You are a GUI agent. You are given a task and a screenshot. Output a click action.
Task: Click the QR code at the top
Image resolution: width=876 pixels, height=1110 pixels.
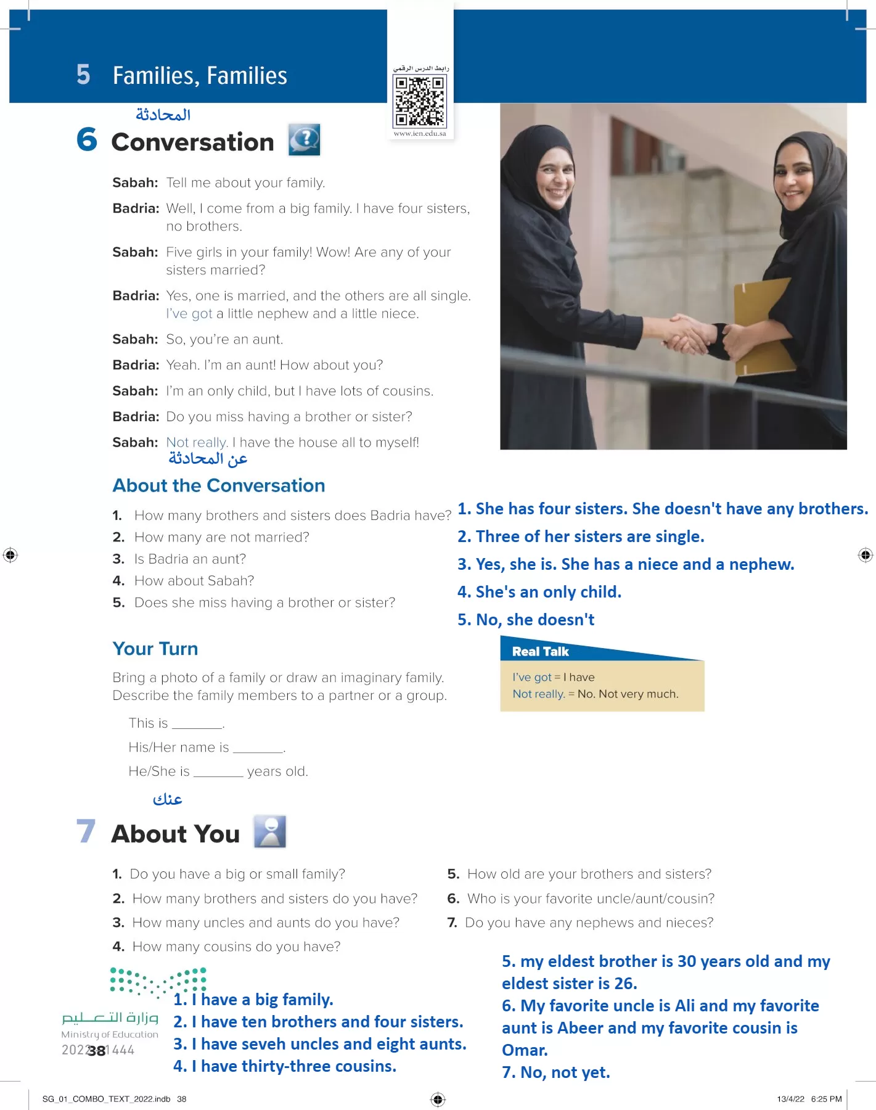tap(420, 100)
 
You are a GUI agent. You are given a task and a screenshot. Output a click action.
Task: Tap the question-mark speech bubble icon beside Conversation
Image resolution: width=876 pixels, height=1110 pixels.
tap(304, 139)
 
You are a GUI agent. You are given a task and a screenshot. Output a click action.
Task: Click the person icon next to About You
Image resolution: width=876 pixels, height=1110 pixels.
tap(270, 831)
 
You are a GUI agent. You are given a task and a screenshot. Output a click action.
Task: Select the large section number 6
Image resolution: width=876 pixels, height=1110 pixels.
tap(87, 139)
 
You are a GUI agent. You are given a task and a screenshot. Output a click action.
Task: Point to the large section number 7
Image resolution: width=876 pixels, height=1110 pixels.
tap(86, 831)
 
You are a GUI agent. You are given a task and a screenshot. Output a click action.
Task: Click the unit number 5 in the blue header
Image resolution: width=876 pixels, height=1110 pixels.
tap(83, 75)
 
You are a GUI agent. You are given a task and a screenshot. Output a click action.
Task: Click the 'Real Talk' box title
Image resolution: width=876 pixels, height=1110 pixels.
tap(541, 652)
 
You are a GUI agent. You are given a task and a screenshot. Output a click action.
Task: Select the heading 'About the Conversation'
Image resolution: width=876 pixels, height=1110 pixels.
tap(219, 486)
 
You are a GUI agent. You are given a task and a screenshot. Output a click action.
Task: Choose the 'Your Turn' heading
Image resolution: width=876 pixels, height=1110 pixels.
tap(155, 649)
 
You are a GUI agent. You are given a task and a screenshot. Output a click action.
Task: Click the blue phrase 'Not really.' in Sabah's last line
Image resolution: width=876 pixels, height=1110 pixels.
tap(197, 443)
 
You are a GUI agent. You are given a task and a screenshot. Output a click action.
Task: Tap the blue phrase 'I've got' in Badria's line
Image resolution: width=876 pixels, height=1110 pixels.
tap(189, 314)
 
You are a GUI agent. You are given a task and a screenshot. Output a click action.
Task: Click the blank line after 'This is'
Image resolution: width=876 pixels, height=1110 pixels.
tap(197, 726)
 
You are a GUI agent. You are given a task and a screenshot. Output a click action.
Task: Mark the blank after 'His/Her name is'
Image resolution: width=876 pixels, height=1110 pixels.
tap(258, 750)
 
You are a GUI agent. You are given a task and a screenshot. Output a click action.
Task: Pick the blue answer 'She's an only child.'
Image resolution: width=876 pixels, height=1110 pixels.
tap(539, 592)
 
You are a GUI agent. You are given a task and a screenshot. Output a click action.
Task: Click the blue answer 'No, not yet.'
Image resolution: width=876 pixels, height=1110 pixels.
tap(556, 1072)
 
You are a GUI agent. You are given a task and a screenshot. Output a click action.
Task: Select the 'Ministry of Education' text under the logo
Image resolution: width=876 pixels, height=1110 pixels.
tap(110, 1034)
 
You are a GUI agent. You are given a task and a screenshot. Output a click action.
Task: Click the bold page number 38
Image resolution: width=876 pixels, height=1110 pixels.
tap(97, 1051)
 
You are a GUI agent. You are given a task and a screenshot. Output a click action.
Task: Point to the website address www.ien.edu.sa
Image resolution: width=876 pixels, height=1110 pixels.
tap(420, 133)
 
